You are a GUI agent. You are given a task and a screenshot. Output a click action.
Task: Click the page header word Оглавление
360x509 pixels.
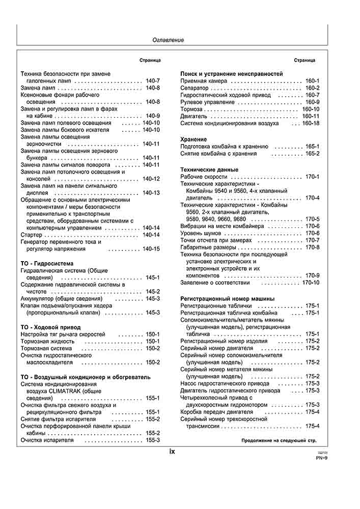pos(169,40)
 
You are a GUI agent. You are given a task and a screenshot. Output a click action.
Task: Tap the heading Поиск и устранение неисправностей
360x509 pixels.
pos(232,74)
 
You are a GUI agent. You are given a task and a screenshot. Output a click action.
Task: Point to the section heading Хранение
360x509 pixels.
pos(194,139)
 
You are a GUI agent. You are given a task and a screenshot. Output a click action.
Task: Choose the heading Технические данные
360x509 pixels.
pos(210,169)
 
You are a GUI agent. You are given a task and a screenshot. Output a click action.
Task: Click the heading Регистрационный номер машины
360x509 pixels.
pos(228,298)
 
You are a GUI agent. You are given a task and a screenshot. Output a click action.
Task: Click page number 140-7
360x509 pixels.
pos(153,81)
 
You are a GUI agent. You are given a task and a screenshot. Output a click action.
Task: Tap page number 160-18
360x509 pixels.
pos(311,124)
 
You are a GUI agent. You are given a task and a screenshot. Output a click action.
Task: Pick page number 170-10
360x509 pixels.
pos(311,282)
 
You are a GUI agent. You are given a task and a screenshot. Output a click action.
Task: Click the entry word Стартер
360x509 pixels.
pos(31,235)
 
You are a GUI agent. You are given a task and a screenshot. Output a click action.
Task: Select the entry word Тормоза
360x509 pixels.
pos(192,109)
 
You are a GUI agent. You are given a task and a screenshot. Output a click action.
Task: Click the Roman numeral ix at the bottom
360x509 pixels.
pos(172,451)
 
